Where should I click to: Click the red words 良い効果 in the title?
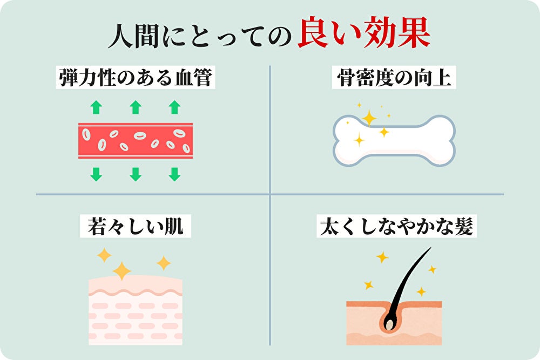point(363,32)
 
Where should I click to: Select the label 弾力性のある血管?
point(136,77)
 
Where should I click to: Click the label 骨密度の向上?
point(394,77)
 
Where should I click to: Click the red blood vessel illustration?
point(136,141)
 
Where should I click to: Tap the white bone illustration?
point(394,141)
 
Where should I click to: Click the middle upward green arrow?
point(136,107)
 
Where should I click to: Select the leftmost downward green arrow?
point(96,174)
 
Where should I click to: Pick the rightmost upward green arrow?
point(174,107)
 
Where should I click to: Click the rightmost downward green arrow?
point(174,174)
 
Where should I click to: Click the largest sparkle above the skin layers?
point(122,271)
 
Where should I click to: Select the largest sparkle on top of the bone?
point(369,118)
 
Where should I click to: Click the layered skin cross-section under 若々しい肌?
point(136,310)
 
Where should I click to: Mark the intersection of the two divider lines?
point(270,194)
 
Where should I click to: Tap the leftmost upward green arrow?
point(96,107)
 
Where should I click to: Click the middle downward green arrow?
point(136,174)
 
